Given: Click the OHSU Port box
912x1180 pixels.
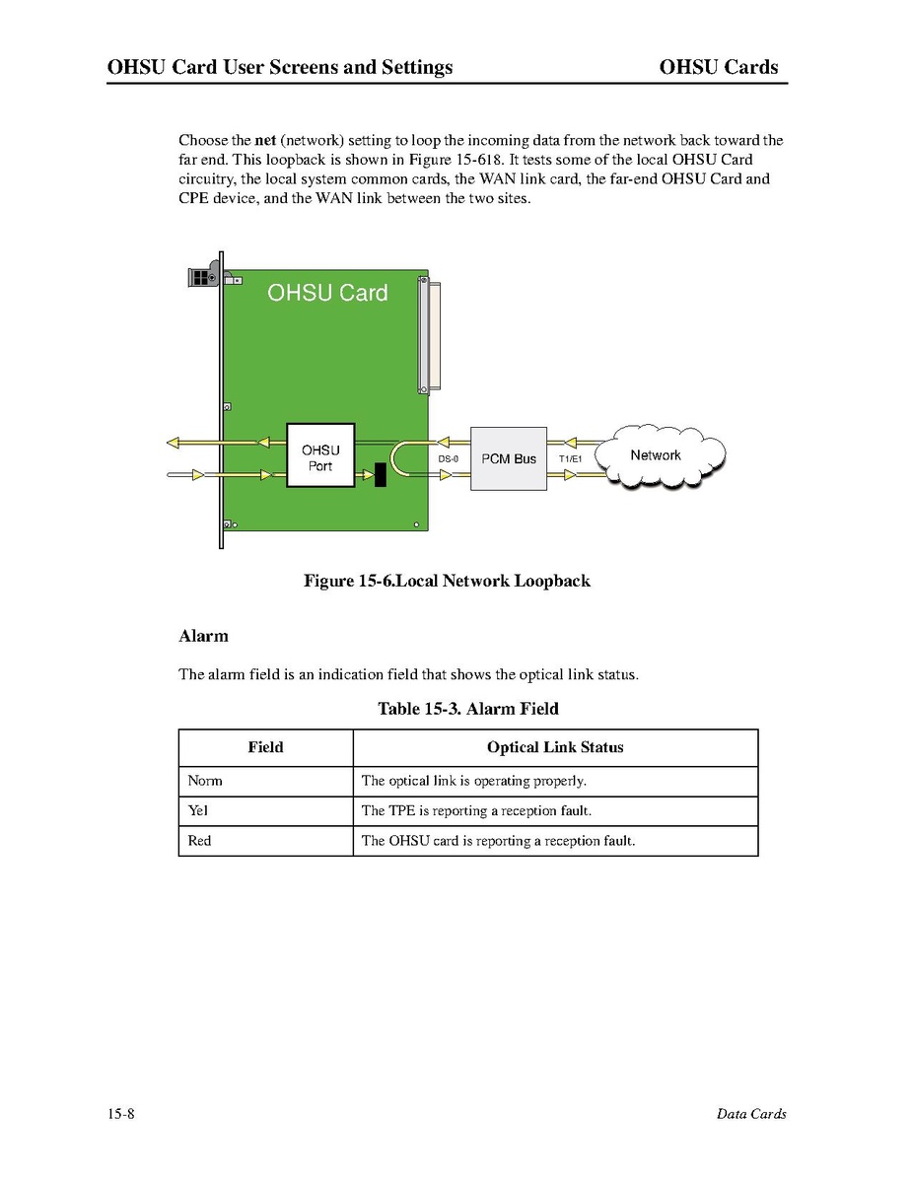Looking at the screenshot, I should coord(320,455).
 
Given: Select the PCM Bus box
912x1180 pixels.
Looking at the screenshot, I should coord(509,458).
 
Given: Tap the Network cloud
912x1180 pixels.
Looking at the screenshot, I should coord(657,455).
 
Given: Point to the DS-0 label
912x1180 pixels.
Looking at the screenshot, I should coord(449,459).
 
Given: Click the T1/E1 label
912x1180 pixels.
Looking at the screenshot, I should coord(570,459).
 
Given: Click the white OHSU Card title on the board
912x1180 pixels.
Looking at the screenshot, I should coord(327,293).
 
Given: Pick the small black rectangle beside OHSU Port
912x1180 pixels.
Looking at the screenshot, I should coord(380,475).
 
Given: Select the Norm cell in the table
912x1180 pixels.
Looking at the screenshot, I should coord(205,781).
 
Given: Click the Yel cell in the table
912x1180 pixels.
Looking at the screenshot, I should coord(198,810).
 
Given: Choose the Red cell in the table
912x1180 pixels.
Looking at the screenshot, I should coord(199,841).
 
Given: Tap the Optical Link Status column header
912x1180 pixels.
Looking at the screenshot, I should coord(555,747).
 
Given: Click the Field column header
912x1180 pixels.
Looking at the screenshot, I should coord(265,747).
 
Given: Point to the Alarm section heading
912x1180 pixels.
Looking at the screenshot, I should coord(203,636).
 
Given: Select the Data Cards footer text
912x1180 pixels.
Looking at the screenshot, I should coord(751,1114).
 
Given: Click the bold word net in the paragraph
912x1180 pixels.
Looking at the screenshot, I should coord(264,140).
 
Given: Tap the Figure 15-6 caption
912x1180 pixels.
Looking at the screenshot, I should coord(447,581).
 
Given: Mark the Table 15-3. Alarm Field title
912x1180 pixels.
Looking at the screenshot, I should coord(468,709).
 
